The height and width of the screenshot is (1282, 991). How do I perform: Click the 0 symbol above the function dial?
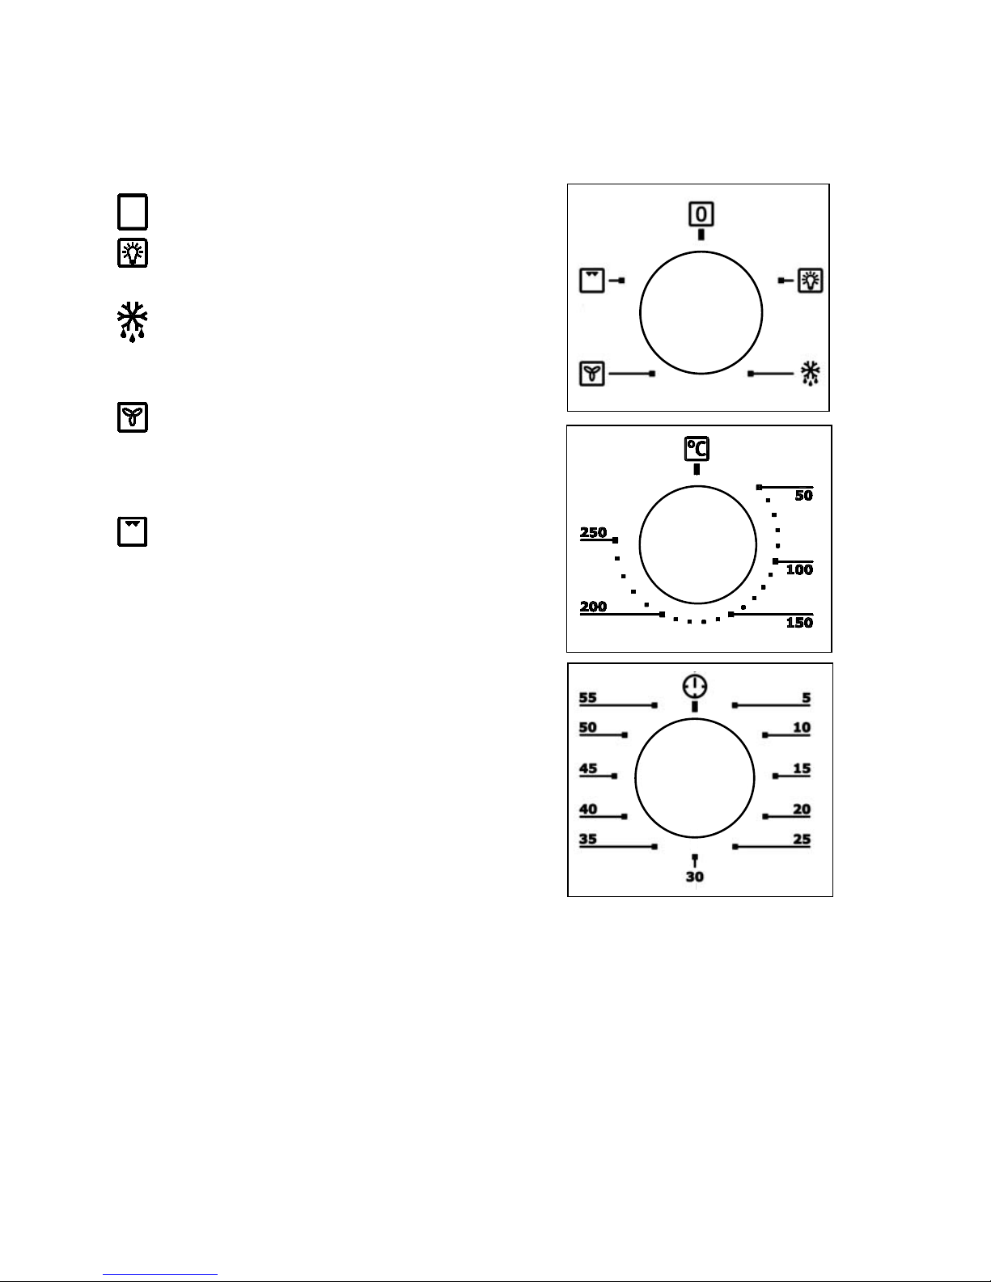coord(701,214)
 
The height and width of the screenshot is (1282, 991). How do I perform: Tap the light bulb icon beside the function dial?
coord(811,280)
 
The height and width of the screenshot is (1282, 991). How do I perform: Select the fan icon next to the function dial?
coord(591,374)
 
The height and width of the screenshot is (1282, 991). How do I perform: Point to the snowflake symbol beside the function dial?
coord(810,374)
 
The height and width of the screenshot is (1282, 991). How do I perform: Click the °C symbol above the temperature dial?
coord(697,448)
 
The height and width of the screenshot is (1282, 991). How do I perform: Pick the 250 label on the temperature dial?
coord(593,532)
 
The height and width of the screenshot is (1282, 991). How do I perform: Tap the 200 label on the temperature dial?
coord(593,606)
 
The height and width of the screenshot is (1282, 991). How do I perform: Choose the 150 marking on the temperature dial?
coord(799,623)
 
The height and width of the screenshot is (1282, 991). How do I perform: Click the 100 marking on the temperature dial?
coord(799,569)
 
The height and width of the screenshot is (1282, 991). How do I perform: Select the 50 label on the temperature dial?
coord(803,495)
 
